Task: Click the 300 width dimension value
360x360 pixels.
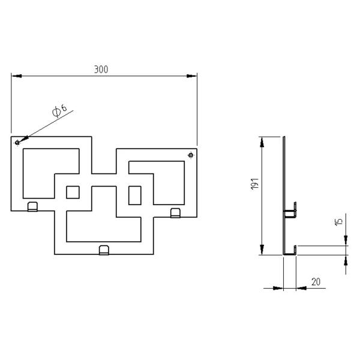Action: point(101,70)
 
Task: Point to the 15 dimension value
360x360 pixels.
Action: point(339,221)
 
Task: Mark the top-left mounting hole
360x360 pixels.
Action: point(17,142)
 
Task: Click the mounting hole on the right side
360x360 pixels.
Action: point(191,156)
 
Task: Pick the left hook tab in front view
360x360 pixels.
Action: point(33,207)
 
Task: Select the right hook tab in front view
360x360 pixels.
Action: point(175,212)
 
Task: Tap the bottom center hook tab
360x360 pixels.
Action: point(104,250)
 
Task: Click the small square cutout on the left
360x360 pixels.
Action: point(73,192)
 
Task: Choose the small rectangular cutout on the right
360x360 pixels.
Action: point(135,195)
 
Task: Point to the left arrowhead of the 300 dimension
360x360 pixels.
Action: point(16,76)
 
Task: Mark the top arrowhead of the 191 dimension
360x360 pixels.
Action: point(262,141)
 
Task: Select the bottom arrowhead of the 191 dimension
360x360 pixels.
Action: point(262,251)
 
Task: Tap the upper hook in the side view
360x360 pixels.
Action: point(290,210)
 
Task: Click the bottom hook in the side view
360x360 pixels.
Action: point(291,251)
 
